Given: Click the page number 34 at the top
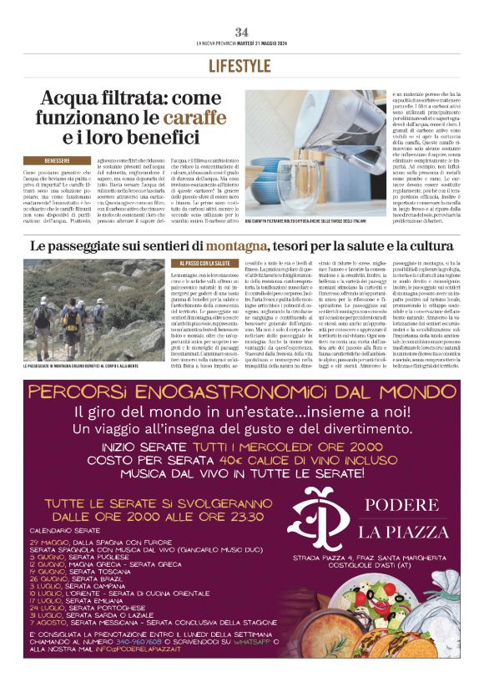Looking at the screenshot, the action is (x=241, y=32).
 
